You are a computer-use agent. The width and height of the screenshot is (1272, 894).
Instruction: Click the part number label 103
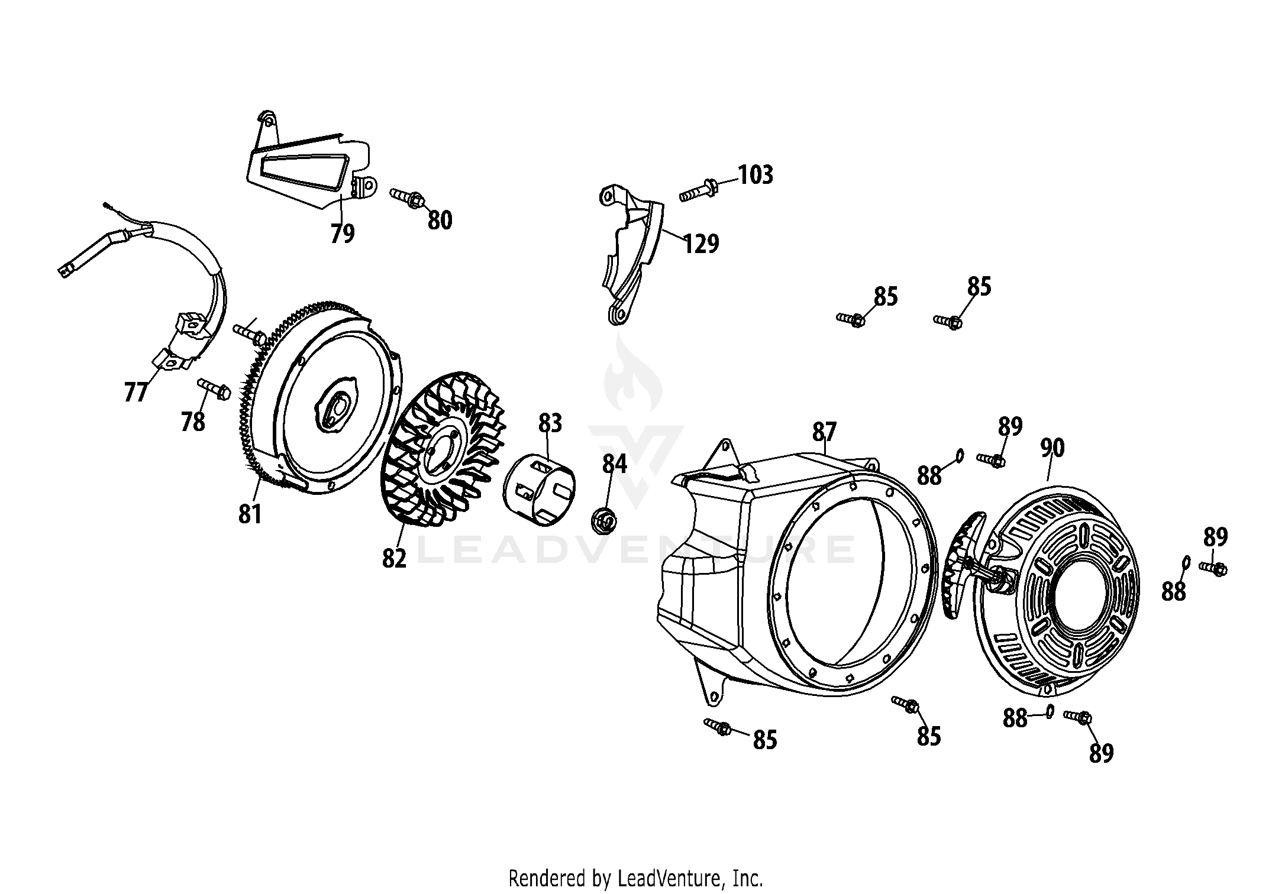(x=756, y=175)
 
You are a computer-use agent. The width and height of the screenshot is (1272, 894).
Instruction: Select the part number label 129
(x=701, y=244)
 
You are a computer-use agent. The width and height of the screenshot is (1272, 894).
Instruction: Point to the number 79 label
(x=343, y=234)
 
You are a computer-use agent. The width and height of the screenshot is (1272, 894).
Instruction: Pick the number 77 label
(x=135, y=392)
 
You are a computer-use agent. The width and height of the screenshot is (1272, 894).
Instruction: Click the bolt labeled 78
(x=214, y=388)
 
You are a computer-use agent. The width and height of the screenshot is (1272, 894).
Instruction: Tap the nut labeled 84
(x=604, y=521)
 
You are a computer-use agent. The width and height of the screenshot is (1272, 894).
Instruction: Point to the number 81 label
(x=250, y=514)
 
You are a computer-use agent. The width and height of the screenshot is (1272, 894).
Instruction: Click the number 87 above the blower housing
(x=824, y=432)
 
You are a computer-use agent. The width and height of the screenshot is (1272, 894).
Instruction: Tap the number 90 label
(x=1053, y=448)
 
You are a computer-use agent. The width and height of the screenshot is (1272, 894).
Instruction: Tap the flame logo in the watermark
(x=632, y=378)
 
